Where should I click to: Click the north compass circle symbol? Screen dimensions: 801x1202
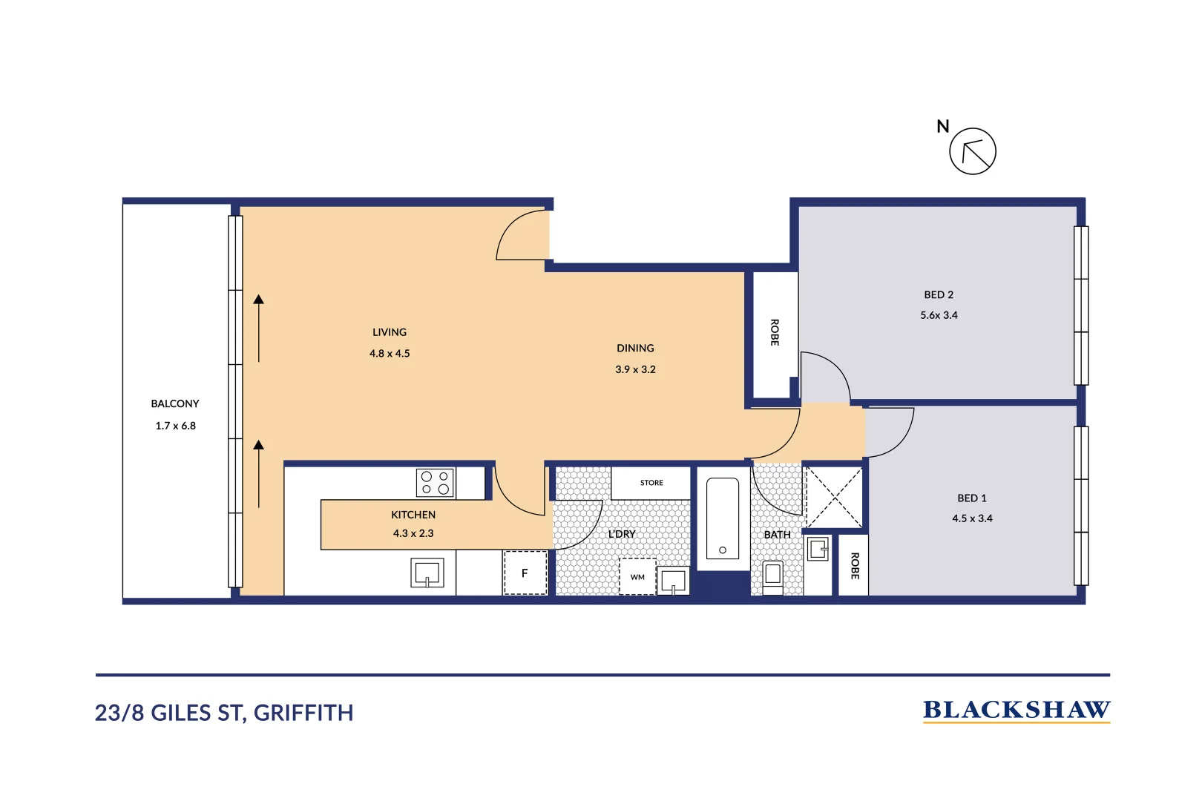coord(972,151)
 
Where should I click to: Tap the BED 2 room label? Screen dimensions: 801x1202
coord(939,294)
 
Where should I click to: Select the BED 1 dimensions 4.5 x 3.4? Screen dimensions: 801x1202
coord(972,518)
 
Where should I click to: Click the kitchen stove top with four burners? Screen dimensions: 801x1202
coord(436,483)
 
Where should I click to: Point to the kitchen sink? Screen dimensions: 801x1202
coord(427,573)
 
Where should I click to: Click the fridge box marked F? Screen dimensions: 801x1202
coord(525,573)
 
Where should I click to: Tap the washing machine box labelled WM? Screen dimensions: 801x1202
coord(637,576)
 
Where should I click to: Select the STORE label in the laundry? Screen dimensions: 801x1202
coord(651,483)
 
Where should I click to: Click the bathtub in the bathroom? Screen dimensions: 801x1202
coord(722,518)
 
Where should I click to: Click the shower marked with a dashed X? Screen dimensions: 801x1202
coord(834,497)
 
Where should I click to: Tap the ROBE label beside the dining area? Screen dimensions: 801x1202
coord(775,332)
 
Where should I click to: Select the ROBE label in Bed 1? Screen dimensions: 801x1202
coord(855,566)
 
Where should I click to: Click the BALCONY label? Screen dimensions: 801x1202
coord(175,403)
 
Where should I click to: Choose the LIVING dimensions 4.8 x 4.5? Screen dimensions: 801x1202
coord(390,354)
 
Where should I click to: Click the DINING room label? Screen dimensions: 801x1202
coord(635,348)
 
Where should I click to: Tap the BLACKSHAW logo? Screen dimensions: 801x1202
coord(1016,711)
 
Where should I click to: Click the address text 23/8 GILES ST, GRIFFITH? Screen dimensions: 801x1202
coord(224,713)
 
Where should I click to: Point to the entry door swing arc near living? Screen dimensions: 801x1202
coord(521,236)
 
